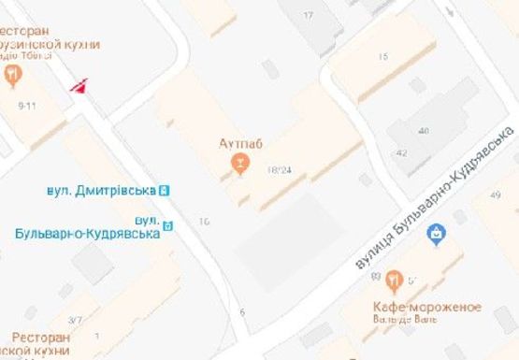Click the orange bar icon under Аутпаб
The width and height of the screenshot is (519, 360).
[x=240, y=166]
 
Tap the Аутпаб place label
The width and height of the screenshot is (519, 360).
[x=239, y=143]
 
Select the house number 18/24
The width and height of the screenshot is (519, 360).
[x=279, y=170]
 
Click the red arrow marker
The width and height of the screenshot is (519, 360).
[x=80, y=86]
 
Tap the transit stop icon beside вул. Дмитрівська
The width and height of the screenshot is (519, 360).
[x=165, y=190]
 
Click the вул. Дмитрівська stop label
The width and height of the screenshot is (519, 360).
[x=100, y=191]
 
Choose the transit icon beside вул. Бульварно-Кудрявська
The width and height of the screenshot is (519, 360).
[x=168, y=224]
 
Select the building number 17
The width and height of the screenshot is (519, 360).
[x=309, y=16]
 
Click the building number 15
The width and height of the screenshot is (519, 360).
[x=382, y=57]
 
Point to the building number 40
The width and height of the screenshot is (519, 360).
[x=424, y=131]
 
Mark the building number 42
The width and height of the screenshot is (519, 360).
[x=402, y=153]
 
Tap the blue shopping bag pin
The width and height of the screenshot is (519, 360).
[x=435, y=234]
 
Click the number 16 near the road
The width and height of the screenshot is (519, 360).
[x=204, y=222]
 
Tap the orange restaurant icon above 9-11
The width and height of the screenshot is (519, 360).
[x=12, y=74]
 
